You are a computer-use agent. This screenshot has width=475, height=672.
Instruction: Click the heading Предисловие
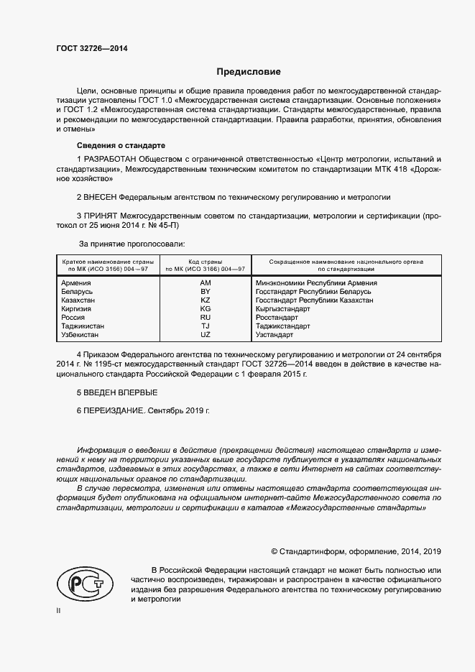249,72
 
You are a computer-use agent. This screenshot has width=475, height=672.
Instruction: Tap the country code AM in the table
206,284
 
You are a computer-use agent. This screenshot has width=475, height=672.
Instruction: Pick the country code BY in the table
206,292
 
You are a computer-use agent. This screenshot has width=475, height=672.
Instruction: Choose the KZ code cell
206,300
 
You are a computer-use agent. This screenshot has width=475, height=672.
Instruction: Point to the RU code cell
206,317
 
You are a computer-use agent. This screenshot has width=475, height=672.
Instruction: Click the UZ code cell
206,334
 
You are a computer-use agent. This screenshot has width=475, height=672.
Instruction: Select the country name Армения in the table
77,284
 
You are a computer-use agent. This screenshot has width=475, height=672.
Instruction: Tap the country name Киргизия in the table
78,309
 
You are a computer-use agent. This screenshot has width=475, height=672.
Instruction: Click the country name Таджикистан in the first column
84,326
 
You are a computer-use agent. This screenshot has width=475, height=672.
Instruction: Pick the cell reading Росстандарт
277,317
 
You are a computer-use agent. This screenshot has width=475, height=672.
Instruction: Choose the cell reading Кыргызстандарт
283,309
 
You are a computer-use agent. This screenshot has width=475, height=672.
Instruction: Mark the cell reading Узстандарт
275,334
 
